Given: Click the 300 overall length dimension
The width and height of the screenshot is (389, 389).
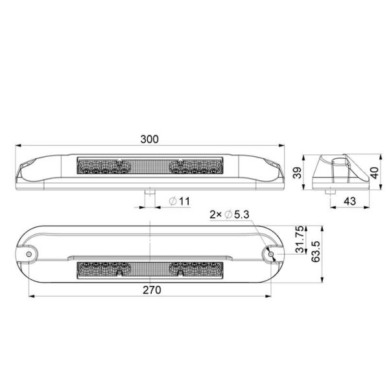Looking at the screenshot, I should tap(150, 139).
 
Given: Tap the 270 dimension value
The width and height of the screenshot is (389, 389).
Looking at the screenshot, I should tap(150, 291).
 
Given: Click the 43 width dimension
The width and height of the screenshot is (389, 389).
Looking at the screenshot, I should tap(349, 202).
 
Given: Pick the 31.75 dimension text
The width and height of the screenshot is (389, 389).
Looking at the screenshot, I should tap(300, 240).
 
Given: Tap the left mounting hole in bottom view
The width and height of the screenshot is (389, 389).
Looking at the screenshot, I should tap(30, 255).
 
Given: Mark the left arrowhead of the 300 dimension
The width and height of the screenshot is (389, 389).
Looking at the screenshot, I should tap(18, 146).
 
